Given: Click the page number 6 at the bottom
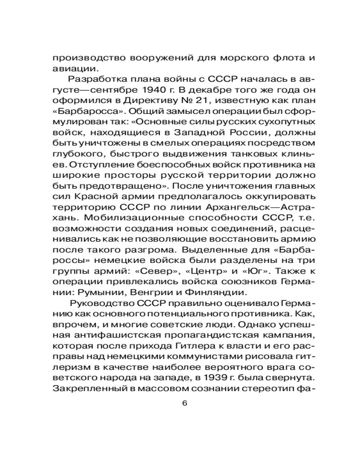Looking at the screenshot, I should (x=184, y=403).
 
